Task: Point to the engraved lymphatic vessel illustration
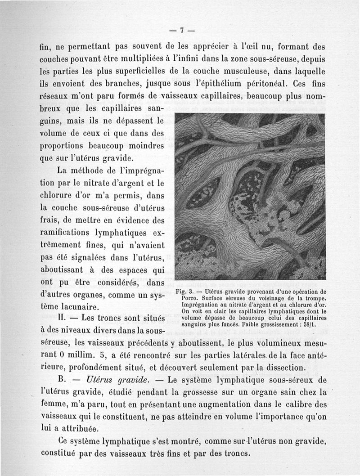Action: coord(250,197)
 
